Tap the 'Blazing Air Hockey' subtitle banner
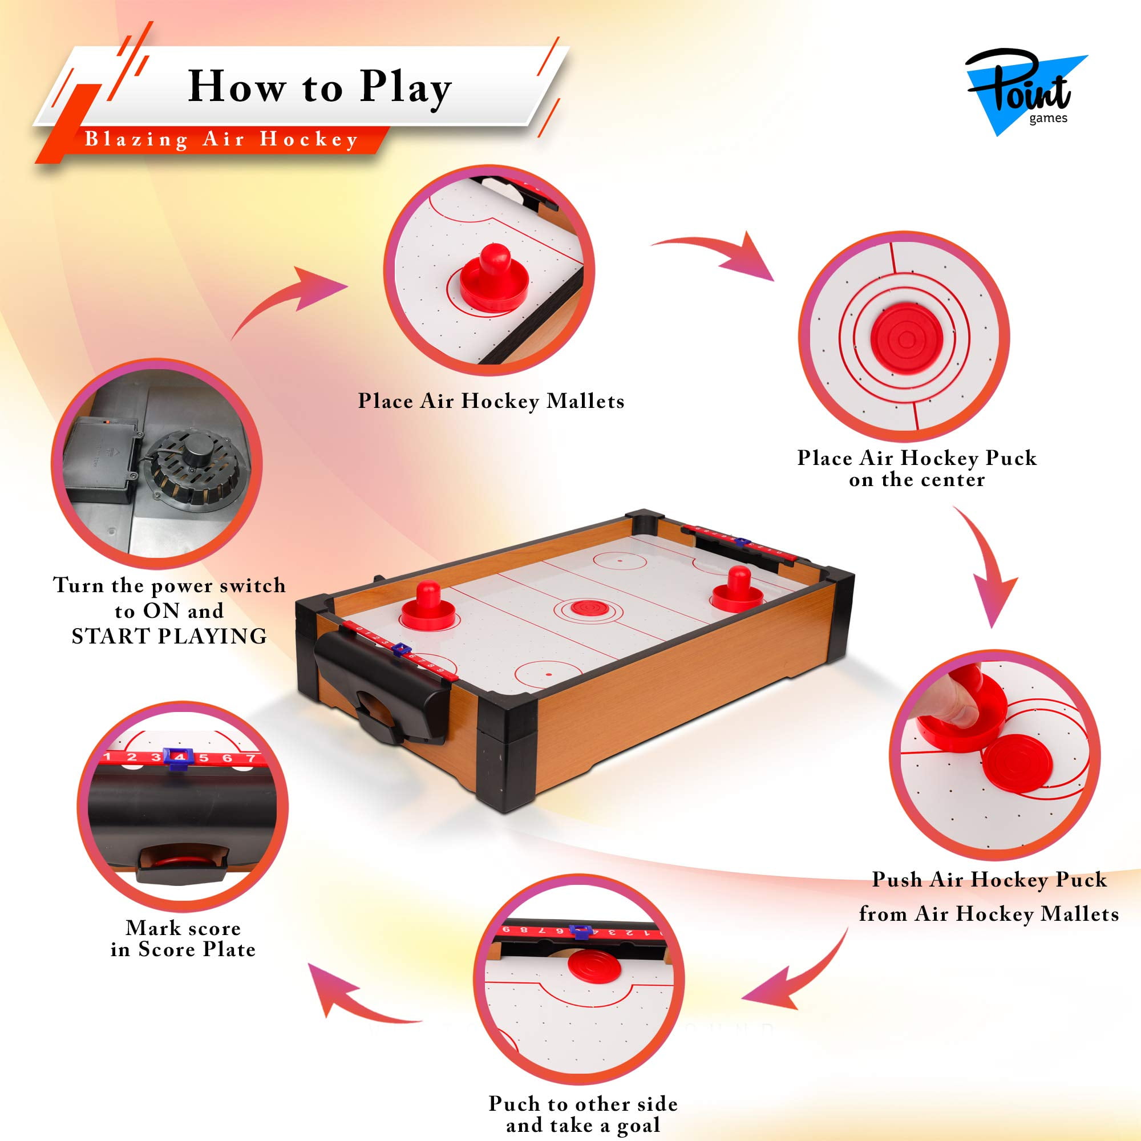pyautogui.click(x=221, y=139)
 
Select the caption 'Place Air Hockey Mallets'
pyautogui.click(x=491, y=401)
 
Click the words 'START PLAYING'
pyautogui.click(x=169, y=636)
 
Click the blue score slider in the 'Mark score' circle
pyautogui.click(x=178, y=758)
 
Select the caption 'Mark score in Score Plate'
pyautogui.click(x=183, y=938)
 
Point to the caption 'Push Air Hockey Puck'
pyautogui.click(x=989, y=879)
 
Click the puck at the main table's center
pyautogui.click(x=582, y=607)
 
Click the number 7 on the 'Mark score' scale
pyautogui.click(x=251, y=758)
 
